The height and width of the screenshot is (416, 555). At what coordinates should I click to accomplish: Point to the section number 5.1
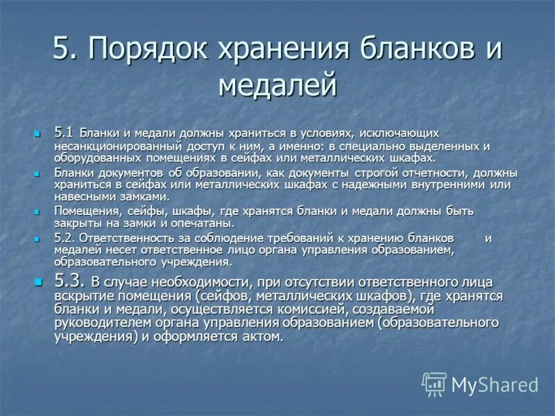click(64, 132)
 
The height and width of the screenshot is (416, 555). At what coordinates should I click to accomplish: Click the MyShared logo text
click(495, 384)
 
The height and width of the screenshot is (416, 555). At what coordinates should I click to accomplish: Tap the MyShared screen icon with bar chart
click(434, 383)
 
